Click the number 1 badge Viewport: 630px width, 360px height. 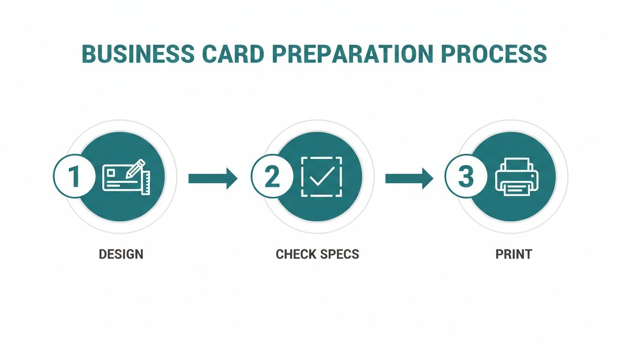(x=74, y=176)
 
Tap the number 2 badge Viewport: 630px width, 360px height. (x=271, y=176)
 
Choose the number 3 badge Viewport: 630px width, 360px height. (x=465, y=176)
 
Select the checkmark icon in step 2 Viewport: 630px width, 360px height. (x=322, y=177)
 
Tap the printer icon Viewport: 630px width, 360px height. (x=516, y=177)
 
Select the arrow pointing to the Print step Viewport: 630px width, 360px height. (x=409, y=178)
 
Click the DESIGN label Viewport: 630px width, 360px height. (x=121, y=255)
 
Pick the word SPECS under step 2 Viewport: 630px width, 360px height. (x=340, y=255)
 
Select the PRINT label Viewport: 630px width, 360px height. (x=514, y=255)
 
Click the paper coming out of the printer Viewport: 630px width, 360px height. (x=516, y=188)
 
